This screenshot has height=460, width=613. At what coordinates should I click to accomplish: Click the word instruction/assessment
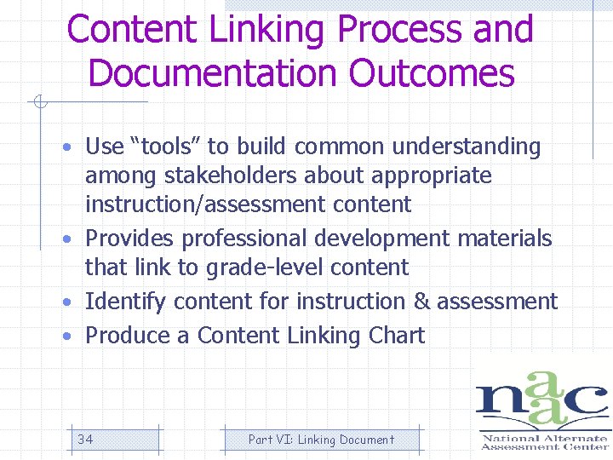[205, 204]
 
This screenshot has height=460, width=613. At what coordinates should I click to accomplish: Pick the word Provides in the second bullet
[130, 239]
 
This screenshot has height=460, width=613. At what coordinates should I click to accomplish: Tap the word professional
[248, 239]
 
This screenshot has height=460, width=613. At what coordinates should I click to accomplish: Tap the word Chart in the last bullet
[397, 336]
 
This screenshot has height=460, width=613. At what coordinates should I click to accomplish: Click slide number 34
[85, 440]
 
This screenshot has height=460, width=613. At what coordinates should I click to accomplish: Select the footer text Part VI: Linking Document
[321, 440]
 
